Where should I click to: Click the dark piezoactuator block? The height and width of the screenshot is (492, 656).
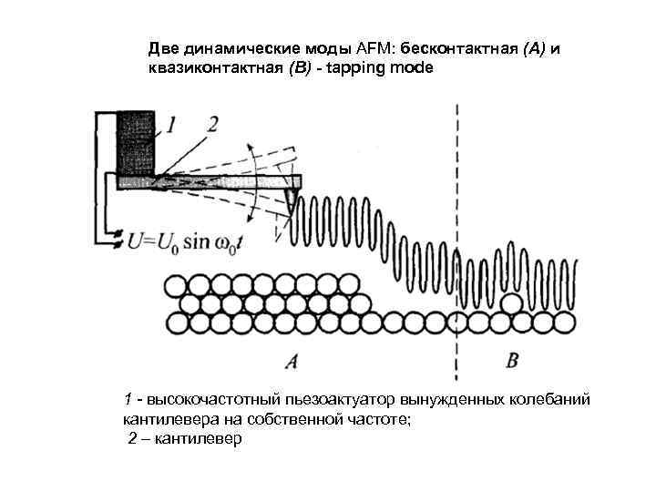point(138,144)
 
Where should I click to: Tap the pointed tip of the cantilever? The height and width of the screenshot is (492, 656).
point(291,207)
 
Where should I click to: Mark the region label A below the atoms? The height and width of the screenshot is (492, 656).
point(291,362)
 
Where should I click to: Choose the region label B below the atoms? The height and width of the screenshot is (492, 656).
point(512,361)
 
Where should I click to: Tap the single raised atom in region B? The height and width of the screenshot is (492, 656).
point(513,302)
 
